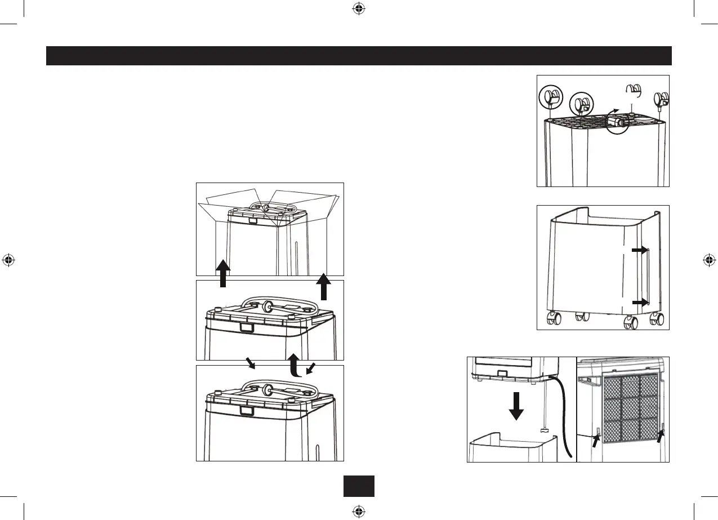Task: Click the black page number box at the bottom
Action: (x=359, y=486)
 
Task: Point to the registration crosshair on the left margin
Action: (x=8, y=260)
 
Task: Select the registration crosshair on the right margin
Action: (x=710, y=260)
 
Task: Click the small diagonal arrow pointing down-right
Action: (x=249, y=363)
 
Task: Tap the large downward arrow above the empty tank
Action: (x=516, y=405)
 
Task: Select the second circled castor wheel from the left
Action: (x=582, y=104)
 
